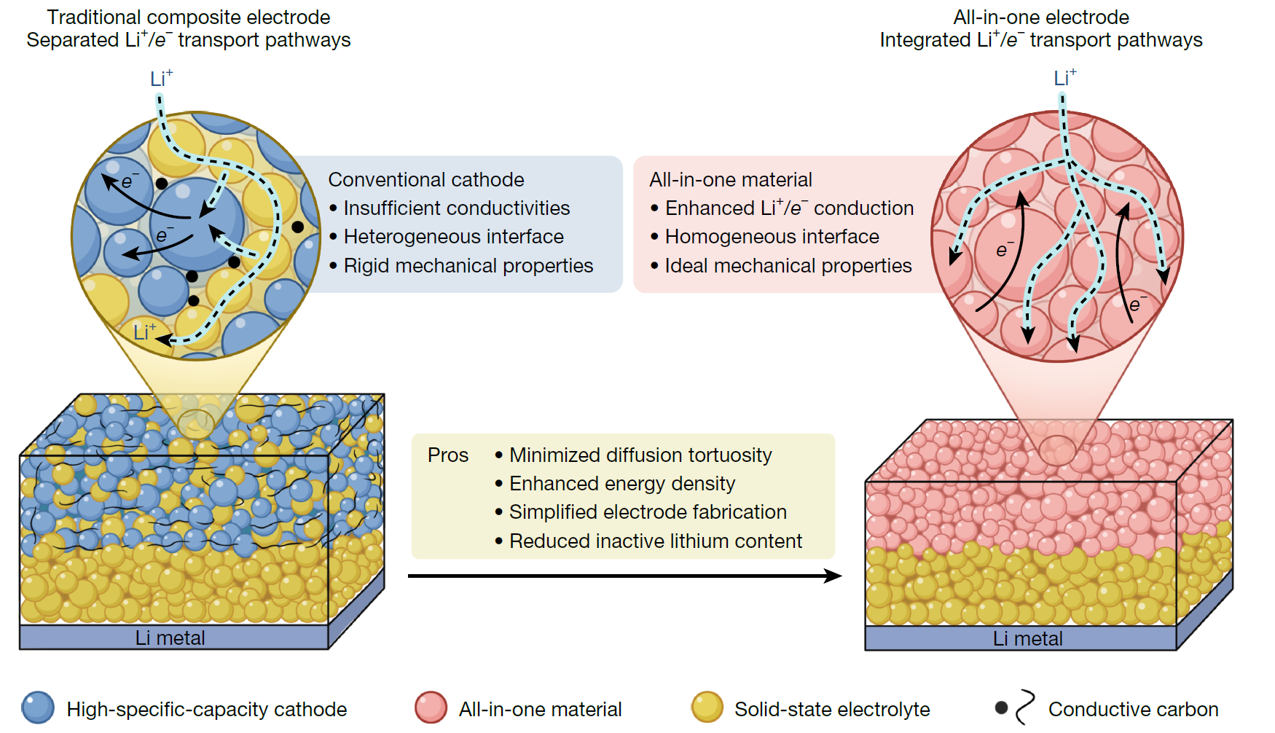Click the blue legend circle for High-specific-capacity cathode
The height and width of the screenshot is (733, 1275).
pyautogui.click(x=38, y=707)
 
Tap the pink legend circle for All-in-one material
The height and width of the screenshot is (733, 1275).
pyautogui.click(x=431, y=707)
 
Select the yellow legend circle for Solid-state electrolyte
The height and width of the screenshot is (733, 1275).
pyautogui.click(x=707, y=707)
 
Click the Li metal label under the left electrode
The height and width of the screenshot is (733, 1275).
pyautogui.click(x=170, y=638)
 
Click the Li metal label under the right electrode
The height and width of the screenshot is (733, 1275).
pyautogui.click(x=1027, y=639)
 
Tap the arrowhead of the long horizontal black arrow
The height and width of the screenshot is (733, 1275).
pyautogui.click(x=833, y=576)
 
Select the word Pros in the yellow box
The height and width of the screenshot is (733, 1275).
pyautogui.click(x=447, y=455)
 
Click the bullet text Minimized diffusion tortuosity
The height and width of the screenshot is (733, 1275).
pyautogui.click(x=640, y=455)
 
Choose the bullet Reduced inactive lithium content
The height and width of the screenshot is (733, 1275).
pyautogui.click(x=655, y=541)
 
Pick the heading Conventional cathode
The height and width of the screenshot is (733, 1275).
pyautogui.click(x=425, y=180)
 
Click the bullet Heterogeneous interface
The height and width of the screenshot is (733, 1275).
pyautogui.click(x=453, y=237)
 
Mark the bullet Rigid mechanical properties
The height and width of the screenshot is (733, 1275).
pyautogui.click(x=468, y=266)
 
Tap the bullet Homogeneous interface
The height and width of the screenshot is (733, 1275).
pyautogui.click(x=772, y=237)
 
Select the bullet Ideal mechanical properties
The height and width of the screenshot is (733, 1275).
pyautogui.click(x=788, y=266)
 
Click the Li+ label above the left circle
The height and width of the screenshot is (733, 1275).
pyautogui.click(x=161, y=78)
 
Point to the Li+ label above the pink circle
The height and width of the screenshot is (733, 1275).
pyautogui.click(x=1064, y=77)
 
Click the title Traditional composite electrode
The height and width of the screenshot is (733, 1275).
pyautogui.click(x=188, y=17)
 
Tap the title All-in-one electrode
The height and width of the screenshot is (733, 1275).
pyautogui.click(x=1040, y=17)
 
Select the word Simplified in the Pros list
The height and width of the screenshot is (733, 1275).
pyautogui.click(x=548, y=512)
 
